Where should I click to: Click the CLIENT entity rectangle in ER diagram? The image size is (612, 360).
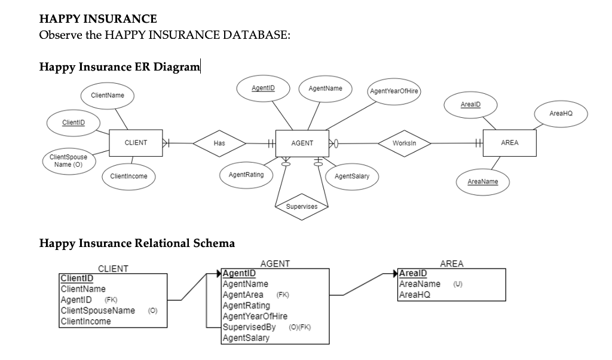[x=136, y=143]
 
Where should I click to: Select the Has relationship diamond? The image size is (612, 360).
[x=219, y=144]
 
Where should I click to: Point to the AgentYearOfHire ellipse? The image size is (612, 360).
[x=394, y=91]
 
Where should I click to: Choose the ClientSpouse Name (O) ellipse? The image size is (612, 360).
[x=68, y=160]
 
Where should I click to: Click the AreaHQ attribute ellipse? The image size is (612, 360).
[x=561, y=112]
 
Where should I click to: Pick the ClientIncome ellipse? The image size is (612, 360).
[x=128, y=176]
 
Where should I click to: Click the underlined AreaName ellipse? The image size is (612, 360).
[x=483, y=181]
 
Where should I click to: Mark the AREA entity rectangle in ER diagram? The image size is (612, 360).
[x=510, y=143]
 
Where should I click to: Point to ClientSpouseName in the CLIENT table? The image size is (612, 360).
[x=98, y=310]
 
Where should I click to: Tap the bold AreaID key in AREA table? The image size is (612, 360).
[x=413, y=274]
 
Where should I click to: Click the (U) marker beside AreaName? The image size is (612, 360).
[x=458, y=284]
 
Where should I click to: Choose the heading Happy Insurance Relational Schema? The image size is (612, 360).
[x=137, y=243]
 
